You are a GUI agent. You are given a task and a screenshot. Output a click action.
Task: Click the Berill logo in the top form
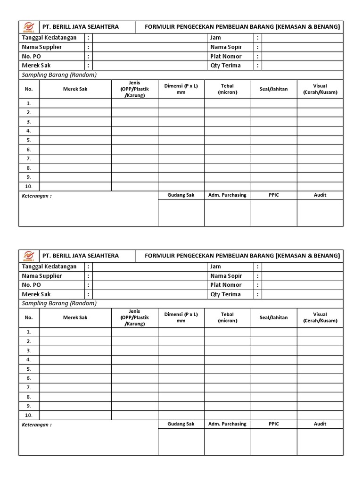point(29,27)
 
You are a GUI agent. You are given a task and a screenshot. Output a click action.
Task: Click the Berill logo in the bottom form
point(29,256)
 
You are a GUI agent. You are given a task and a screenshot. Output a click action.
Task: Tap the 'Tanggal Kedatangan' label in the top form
point(49,38)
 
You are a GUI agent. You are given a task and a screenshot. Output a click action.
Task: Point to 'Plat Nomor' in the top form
point(226,56)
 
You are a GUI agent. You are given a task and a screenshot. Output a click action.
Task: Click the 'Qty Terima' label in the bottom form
point(225,294)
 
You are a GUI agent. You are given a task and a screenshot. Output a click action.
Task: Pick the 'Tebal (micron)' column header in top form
point(227,89)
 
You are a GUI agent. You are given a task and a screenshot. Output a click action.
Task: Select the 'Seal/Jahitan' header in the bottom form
point(273,317)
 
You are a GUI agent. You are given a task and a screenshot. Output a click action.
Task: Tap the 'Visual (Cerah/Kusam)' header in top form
point(320,89)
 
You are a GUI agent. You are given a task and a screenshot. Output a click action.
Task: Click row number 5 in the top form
point(29,140)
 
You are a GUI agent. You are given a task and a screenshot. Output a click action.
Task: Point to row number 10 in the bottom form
point(29,415)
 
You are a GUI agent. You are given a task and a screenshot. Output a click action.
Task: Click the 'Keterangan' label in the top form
point(37,196)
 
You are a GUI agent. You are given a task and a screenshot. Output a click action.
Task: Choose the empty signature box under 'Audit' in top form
point(320,213)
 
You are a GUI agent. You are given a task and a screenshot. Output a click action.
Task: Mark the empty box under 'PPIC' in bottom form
point(273,441)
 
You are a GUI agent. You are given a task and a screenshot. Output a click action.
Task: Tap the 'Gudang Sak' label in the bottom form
point(181,424)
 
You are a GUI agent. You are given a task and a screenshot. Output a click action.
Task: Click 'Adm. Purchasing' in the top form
point(227,195)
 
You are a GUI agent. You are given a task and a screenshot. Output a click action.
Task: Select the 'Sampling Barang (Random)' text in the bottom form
point(59,303)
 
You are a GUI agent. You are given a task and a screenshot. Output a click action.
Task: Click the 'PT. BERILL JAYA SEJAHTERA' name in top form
point(81,27)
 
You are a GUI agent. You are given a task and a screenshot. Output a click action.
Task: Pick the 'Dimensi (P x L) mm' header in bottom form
point(181,317)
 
